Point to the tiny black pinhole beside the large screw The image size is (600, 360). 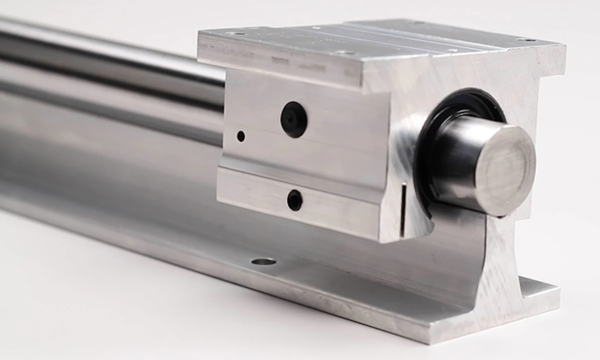pos(241,136)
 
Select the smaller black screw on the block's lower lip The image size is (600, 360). pos(295,200)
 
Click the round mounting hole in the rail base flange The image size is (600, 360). pos(264,262)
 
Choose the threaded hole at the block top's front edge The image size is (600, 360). pos(342,53)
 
